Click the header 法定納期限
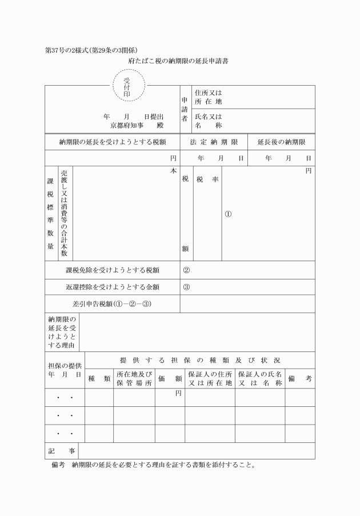(x=214, y=141)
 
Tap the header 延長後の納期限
(x=281, y=141)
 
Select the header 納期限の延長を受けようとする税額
(x=113, y=141)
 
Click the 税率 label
(x=207, y=179)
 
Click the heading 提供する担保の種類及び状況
(x=200, y=360)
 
